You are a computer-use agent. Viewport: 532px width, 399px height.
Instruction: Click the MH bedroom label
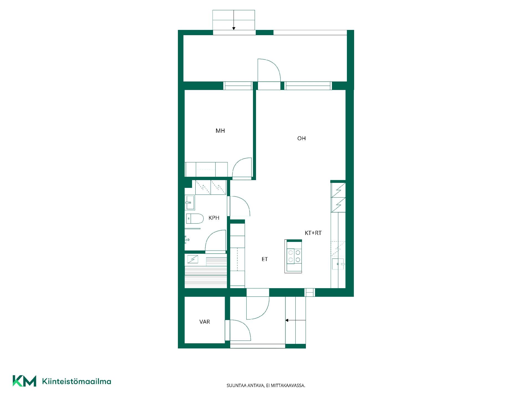220,131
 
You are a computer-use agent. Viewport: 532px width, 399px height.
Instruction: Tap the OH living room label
301,138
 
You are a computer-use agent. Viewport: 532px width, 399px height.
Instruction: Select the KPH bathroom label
214,218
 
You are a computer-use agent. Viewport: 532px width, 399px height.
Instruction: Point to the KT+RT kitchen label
313,233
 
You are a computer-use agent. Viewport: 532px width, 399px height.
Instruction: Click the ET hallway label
265,259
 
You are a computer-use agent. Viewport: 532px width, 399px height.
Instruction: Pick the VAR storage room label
204,322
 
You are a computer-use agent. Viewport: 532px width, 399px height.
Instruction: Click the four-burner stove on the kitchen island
294,256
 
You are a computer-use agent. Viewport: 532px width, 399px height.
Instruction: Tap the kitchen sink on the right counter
338,264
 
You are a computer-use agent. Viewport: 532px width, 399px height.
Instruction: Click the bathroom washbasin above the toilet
190,203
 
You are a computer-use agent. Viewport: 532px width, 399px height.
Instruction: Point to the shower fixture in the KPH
187,239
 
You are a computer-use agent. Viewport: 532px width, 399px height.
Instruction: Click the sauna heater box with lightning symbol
193,259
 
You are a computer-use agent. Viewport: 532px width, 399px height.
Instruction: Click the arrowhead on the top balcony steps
234,28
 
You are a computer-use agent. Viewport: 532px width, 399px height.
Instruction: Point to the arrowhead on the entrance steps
287,320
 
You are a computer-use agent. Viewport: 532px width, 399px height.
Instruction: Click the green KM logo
24,381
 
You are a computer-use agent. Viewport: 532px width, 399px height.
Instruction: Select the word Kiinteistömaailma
76,381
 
